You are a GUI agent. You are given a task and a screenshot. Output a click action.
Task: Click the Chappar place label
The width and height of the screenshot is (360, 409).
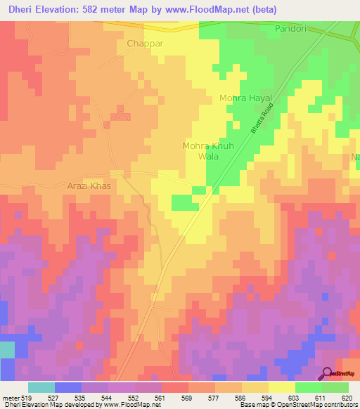(x=145, y=44)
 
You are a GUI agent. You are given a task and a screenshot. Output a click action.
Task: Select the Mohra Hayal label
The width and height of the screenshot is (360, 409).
(x=245, y=98)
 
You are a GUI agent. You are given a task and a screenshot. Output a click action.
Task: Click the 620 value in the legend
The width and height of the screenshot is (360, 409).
(x=347, y=398)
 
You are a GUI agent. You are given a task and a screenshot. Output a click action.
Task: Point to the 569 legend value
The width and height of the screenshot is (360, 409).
(x=187, y=398)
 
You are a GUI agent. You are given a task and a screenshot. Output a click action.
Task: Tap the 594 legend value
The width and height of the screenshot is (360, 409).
(x=267, y=398)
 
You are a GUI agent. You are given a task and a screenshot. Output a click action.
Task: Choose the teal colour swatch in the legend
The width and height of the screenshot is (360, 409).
(x=41, y=387)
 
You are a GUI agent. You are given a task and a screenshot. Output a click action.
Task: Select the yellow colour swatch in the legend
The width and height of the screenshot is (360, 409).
(x=281, y=387)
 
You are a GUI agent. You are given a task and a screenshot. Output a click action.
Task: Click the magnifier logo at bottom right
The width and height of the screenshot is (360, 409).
(x=328, y=373)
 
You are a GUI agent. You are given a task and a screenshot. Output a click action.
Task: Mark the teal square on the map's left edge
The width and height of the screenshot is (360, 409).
(x=6, y=350)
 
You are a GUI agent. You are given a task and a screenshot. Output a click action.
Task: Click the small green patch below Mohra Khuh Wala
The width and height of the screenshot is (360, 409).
(x=186, y=203)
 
